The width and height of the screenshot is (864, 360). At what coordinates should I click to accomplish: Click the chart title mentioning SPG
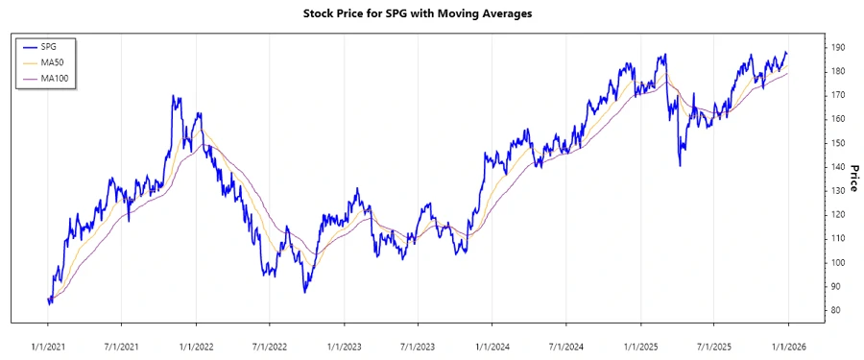pos(431,13)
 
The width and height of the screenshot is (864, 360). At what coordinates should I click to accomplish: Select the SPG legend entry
pos(49,46)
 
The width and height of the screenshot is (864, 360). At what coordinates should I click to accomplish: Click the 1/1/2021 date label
pos(48,345)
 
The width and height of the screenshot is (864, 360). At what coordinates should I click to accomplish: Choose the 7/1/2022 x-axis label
pos(270,345)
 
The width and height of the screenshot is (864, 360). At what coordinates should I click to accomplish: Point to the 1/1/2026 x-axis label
pos(788,345)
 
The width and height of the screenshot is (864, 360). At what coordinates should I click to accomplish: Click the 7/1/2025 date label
pos(714,345)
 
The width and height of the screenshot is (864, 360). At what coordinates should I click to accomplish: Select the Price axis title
pos(852,179)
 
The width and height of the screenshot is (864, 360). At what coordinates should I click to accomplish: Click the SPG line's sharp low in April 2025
pos(680,166)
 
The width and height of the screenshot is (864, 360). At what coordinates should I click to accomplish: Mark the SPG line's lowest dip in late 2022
pos(304,291)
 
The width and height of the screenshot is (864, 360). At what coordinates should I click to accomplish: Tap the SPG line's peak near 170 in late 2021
pos(173,96)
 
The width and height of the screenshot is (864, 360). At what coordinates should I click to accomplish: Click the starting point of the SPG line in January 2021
pos(48,299)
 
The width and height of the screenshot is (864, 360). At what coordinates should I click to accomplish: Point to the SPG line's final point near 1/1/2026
pos(787,53)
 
